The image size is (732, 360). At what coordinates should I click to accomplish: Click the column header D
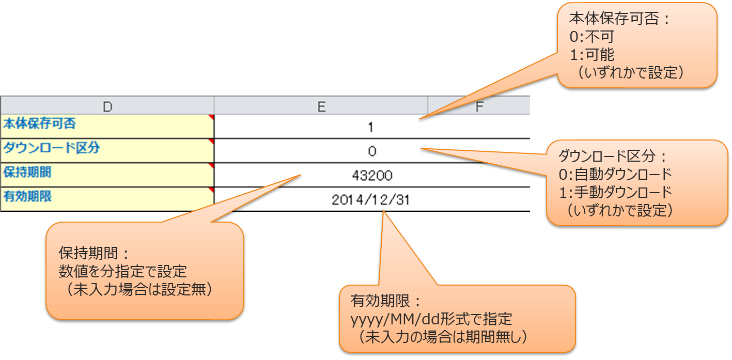click(x=107, y=106)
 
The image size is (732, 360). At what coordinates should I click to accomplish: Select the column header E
click(x=321, y=106)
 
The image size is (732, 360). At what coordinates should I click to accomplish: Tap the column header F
click(x=479, y=106)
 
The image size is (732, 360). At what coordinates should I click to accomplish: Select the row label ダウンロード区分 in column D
click(x=52, y=149)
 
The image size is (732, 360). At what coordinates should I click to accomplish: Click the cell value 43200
click(x=372, y=176)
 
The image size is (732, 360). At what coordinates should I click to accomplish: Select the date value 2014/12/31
click(x=371, y=200)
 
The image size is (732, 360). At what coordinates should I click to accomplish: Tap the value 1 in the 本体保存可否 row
click(x=371, y=128)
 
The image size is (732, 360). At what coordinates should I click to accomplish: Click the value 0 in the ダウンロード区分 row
click(x=372, y=151)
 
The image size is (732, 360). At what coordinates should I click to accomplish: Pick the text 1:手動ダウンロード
click(x=615, y=192)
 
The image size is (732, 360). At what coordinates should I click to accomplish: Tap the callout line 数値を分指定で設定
click(x=123, y=272)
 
